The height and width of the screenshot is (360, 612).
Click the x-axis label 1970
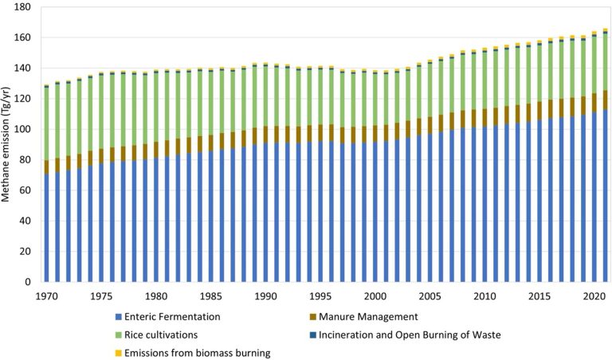pyautogui.click(x=46, y=296)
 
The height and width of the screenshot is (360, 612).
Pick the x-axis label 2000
pyautogui.click(x=374, y=296)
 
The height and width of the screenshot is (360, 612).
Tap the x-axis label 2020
pyautogui.click(x=592, y=296)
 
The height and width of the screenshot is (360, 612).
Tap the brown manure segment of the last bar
pyautogui.click(x=604, y=100)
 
